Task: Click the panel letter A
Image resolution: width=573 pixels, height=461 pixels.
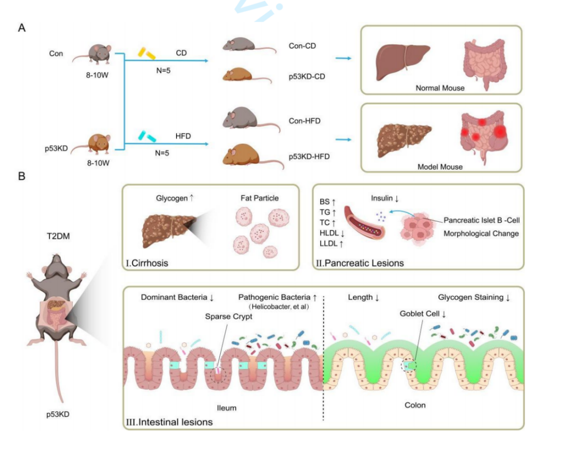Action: [x=22, y=28]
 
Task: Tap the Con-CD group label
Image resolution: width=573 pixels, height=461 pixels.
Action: [x=302, y=46]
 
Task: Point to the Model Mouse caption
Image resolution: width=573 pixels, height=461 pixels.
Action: [x=440, y=167]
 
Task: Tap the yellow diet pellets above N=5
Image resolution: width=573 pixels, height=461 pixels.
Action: [x=146, y=53]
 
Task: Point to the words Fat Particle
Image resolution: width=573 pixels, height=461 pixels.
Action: [x=260, y=198]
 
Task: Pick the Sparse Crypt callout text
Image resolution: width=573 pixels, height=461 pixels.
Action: [x=229, y=316]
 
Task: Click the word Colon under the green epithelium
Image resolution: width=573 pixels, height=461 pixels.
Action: [x=415, y=405]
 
